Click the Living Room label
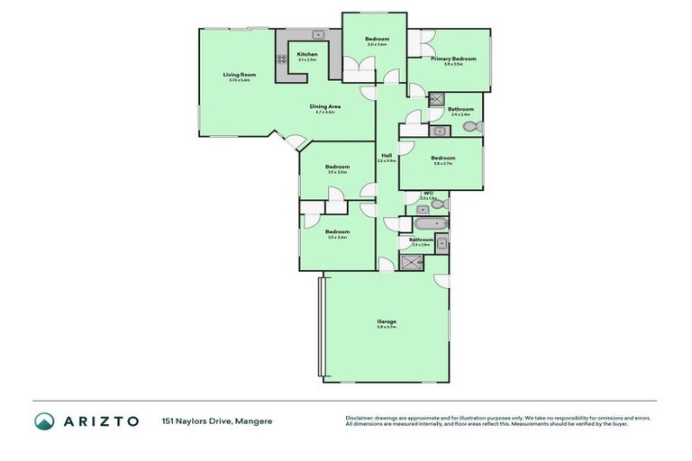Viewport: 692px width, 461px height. tap(240, 74)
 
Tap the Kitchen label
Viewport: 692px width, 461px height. tap(308, 54)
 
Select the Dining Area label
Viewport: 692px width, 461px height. tap(324, 106)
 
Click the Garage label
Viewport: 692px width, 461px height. tap(387, 321)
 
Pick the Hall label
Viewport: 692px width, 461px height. tap(387, 155)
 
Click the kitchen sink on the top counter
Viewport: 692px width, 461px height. tap(305, 35)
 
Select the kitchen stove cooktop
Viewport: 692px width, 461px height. tap(281, 59)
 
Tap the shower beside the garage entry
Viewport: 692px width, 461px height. tap(413, 263)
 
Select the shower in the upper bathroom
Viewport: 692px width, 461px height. tap(437, 99)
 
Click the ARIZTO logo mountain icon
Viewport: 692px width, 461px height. tap(44, 420)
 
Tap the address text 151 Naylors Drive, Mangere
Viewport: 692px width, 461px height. tap(217, 420)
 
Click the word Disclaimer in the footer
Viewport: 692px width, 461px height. tap(359, 418)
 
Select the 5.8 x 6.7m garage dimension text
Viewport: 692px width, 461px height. tap(387, 327)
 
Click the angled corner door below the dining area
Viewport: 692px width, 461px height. tap(296, 140)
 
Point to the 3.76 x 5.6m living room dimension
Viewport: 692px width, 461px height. tap(240, 80)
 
